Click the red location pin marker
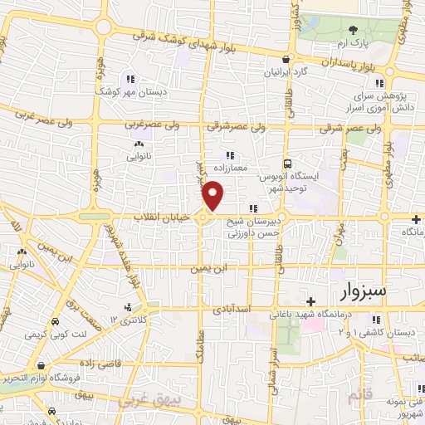(213, 196)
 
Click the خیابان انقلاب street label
(169, 216)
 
